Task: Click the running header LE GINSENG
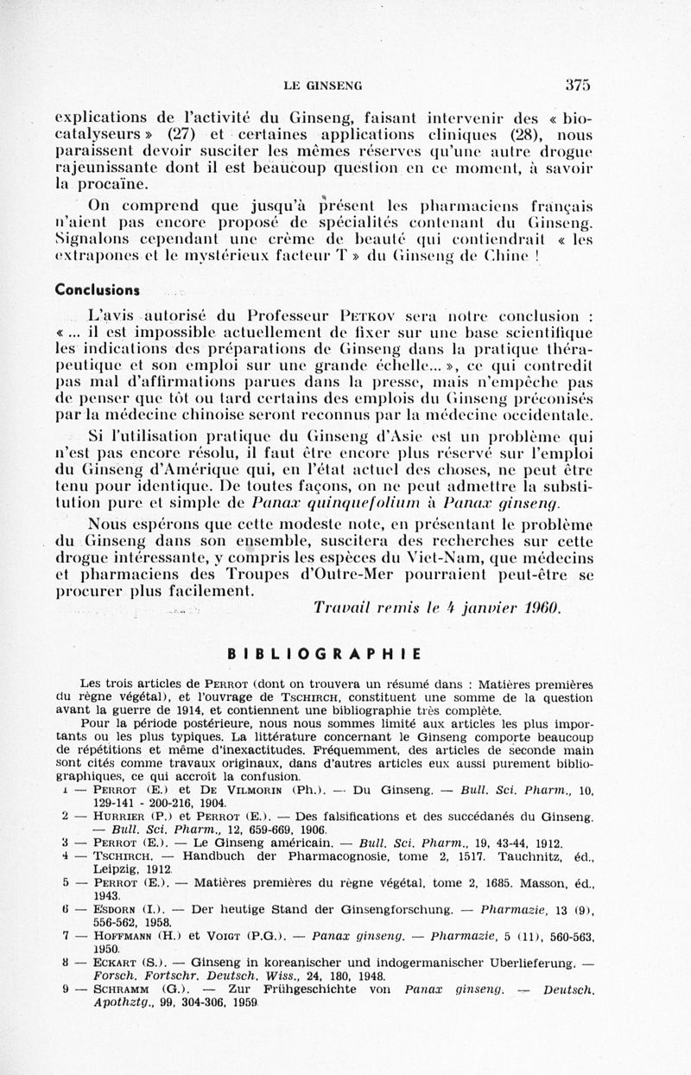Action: coord(322,86)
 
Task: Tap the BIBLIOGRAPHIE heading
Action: coord(324,654)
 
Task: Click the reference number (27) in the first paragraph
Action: coord(181,134)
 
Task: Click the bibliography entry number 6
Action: coord(66,909)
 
